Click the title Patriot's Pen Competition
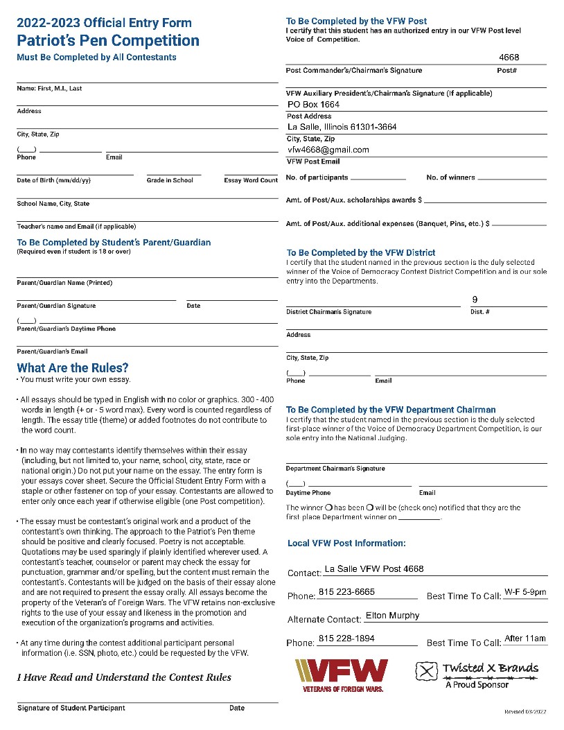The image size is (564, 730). (108, 41)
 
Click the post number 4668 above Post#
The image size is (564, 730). (509, 58)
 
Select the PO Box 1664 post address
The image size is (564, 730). (313, 105)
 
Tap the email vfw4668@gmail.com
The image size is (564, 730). (328, 150)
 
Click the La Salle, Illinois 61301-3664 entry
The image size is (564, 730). (342, 128)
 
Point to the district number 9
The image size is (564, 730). (475, 299)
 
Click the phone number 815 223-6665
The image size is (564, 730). (346, 592)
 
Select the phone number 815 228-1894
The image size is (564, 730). (346, 638)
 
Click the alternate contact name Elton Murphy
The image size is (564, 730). (392, 616)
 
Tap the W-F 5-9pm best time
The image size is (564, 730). (525, 592)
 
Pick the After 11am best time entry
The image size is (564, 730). (525, 638)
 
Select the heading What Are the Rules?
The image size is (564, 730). (73, 368)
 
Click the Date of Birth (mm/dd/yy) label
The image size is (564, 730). (54, 180)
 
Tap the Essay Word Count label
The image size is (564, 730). (251, 180)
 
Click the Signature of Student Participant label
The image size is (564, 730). (71, 708)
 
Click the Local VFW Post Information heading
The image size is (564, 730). (346, 544)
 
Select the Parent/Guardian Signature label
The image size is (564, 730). (56, 306)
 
